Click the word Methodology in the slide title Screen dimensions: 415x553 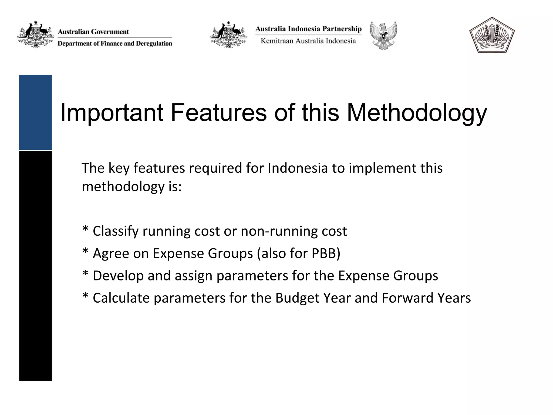pos(417,113)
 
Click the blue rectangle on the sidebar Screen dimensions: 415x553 pos(35,112)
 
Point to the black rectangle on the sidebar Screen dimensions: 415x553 pos(35,266)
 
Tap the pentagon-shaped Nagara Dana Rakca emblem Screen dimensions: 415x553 pos(492,35)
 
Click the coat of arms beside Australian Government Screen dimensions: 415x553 pos(36,35)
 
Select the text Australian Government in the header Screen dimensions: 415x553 pos(93,32)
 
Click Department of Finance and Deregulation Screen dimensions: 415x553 pos(115,43)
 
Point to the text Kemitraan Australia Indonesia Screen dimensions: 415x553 pos(308,41)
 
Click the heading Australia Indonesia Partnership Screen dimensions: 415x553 pos(308,29)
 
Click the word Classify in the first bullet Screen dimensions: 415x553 pos(116,231)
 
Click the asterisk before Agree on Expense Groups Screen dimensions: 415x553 pos(85,252)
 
